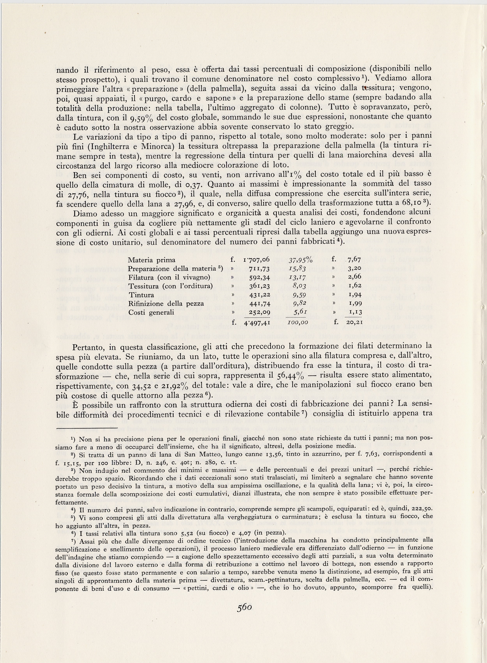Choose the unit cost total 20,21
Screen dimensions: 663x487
coord(354,323)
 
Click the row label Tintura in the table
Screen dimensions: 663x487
coord(141,295)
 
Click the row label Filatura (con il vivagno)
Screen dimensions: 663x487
coord(169,277)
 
